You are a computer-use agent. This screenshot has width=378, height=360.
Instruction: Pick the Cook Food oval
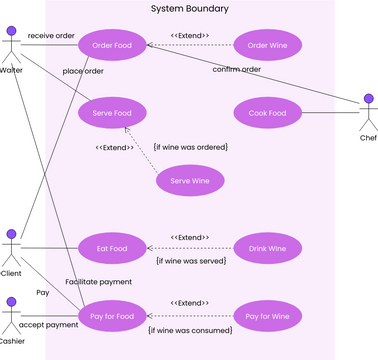coord(266,113)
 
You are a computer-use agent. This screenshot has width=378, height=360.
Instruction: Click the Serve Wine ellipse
coord(189,181)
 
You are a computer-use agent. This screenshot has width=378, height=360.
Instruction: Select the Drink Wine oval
coord(266,248)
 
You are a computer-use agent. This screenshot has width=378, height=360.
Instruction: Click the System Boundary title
coord(189,9)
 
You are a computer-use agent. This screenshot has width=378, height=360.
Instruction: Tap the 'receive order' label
coord(51,35)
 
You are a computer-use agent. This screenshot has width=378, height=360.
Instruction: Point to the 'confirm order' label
coord(236,69)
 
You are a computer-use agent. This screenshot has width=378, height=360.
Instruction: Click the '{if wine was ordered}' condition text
coord(190,147)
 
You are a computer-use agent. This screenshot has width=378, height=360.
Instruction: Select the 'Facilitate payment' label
coord(99,282)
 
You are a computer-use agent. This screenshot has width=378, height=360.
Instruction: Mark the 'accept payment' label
coord(48,325)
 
